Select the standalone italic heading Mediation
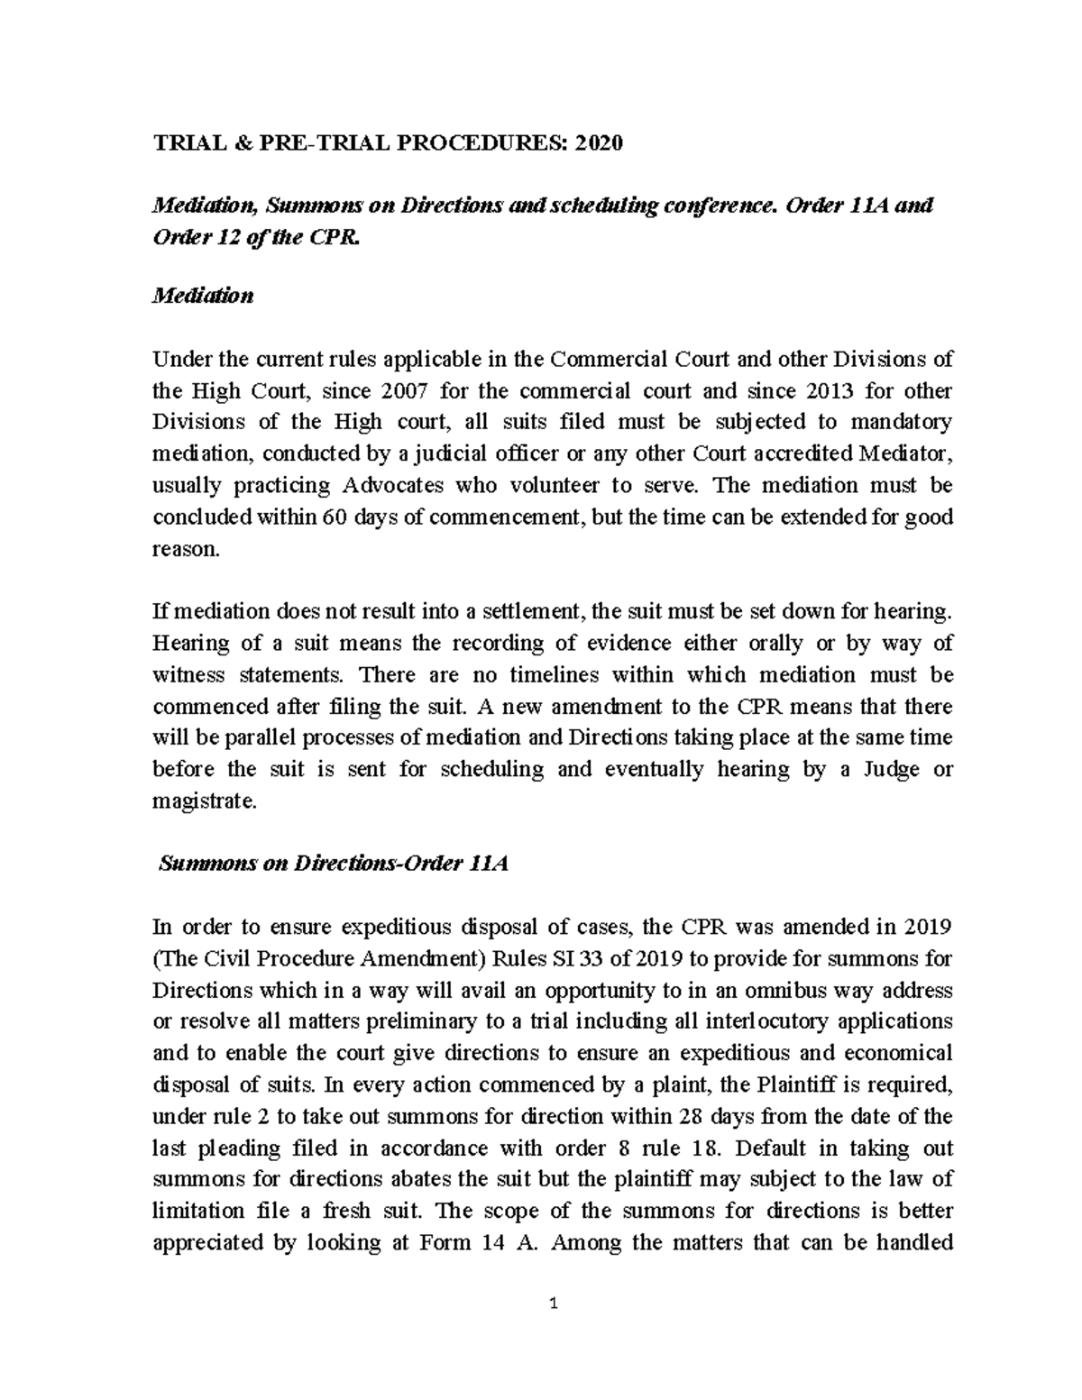coord(203,296)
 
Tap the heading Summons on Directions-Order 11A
coord(334,864)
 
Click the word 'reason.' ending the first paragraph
coord(186,549)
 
